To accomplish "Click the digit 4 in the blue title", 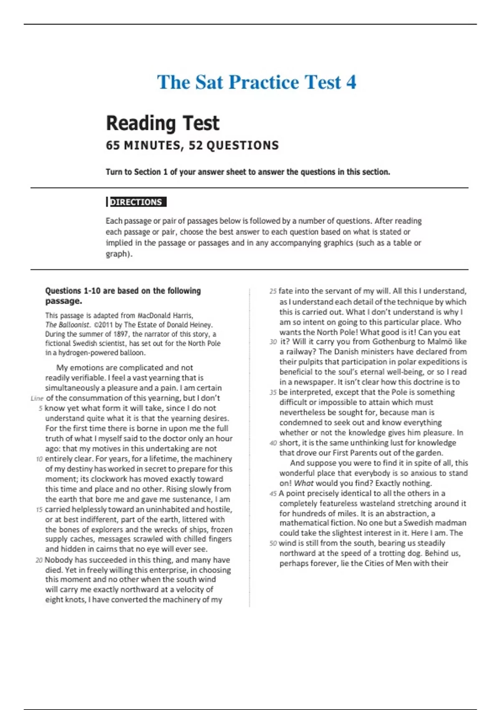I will coord(351,82).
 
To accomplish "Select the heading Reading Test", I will coord(162,123).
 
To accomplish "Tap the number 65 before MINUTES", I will coord(113,145).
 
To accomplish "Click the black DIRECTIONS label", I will coord(136,202).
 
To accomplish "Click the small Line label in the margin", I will coord(37,398).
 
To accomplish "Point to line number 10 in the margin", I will coord(39,459).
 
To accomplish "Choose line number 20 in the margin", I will coord(39,560).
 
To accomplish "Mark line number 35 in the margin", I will coord(273,393).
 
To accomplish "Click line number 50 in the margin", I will coord(273,543).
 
